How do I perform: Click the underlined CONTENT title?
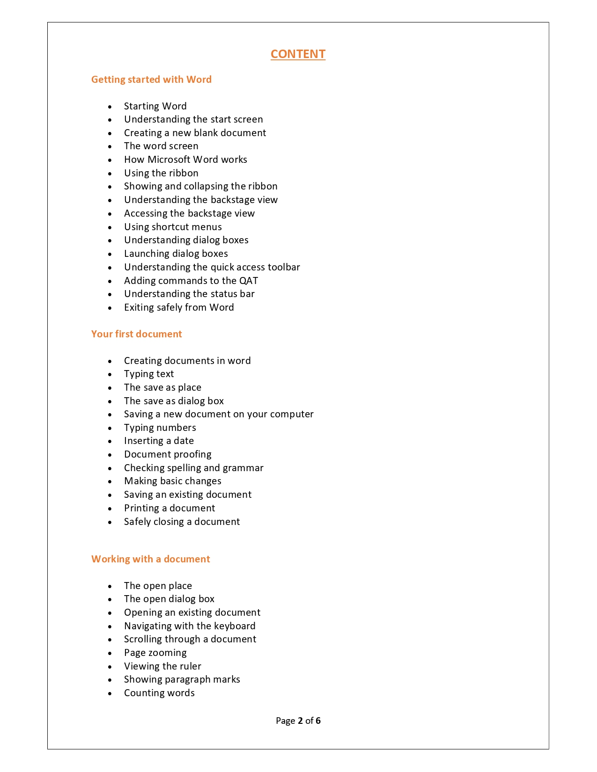298,54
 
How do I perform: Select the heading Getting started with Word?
151,80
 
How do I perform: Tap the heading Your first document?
136,334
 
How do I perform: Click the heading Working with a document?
150,559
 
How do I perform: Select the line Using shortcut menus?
173,227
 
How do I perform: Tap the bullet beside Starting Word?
110,107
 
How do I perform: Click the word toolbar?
284,267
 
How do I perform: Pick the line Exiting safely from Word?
179,307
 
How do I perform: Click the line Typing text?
149,374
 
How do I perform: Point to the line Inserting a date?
159,441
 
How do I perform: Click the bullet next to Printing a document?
110,509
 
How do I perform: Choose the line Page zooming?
155,653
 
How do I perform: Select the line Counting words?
159,693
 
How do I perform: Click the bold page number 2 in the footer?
300,721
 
